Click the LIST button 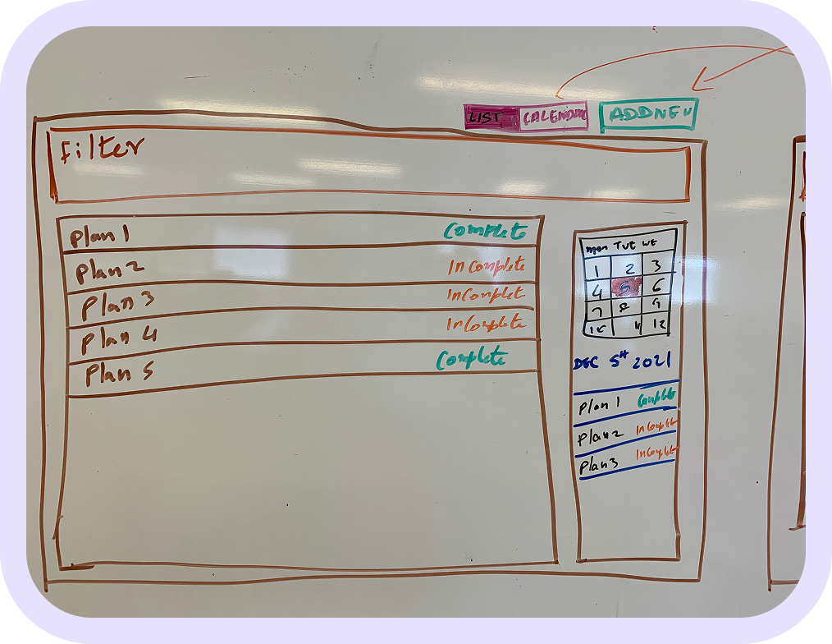(491, 117)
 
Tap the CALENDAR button (555, 117)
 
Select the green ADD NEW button (648, 115)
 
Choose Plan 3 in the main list (117, 305)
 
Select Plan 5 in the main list (119, 374)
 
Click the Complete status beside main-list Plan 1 (485, 232)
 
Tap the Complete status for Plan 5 (472, 359)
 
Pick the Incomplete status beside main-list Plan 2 (486, 266)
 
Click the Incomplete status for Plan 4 (485, 323)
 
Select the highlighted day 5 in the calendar (628, 288)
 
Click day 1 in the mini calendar (598, 268)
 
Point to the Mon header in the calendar (595, 245)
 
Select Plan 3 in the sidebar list (599, 466)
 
